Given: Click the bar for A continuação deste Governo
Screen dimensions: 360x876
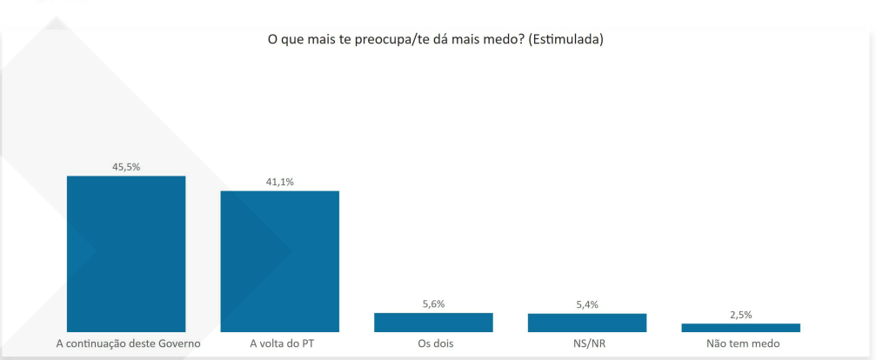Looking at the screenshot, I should tap(126, 253).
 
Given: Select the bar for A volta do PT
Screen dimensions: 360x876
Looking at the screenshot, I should tap(279, 261).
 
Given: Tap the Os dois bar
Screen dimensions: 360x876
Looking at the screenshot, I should tap(433, 322).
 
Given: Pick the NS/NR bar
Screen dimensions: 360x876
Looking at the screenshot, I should tap(586, 323).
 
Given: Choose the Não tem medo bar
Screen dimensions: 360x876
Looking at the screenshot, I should tap(740, 328).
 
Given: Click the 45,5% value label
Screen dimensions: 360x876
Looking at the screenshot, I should tap(126, 167).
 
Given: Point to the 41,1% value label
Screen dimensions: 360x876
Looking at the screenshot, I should tap(279, 182).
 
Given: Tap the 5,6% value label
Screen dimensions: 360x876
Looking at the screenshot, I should tap(433, 303).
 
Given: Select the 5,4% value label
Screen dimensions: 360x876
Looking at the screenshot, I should tap(586, 304).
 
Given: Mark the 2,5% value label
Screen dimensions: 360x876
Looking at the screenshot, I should tap(740, 314).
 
